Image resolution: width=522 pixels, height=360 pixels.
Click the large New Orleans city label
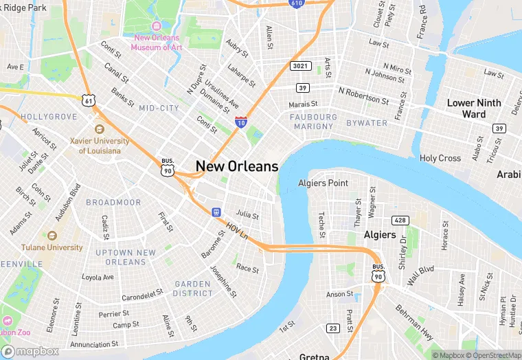[x=237, y=166]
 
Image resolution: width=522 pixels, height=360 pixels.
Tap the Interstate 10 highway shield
[x=241, y=122]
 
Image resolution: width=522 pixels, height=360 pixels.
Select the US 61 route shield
[x=88, y=100]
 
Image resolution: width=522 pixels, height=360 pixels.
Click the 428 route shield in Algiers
[x=400, y=220]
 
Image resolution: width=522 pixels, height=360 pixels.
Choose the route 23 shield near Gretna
[x=333, y=328]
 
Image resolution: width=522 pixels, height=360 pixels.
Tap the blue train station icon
[x=216, y=212]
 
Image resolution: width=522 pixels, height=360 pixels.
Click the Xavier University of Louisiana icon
[x=100, y=129]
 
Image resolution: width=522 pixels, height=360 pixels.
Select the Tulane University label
[x=52, y=247]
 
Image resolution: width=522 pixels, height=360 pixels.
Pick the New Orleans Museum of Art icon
[x=152, y=28]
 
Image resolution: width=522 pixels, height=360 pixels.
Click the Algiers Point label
[x=323, y=183]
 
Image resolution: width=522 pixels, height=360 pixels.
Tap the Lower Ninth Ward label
[x=474, y=108]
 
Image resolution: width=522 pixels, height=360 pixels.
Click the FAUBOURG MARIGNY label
[x=314, y=122]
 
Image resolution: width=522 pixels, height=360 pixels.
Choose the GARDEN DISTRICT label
[x=193, y=289]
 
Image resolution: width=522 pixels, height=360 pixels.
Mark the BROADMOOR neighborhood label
[x=113, y=203]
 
